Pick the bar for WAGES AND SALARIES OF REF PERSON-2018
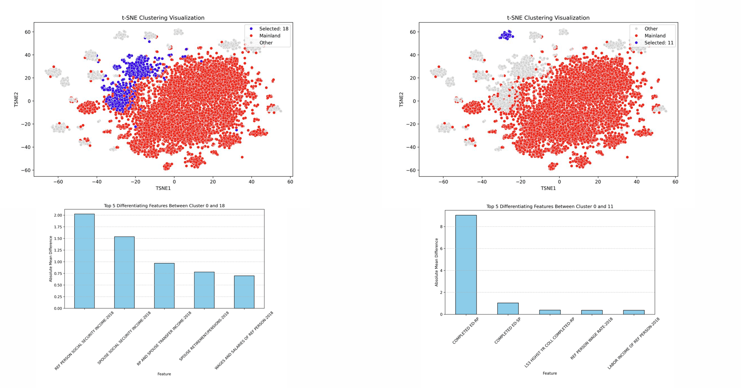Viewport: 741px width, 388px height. click(244, 292)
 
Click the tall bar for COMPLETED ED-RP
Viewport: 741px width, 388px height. click(466, 264)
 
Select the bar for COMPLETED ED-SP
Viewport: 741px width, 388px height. click(508, 309)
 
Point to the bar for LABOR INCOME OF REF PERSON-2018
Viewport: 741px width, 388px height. click(634, 312)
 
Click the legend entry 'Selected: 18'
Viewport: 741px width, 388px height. click(274, 29)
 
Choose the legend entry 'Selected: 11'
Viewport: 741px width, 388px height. click(658, 43)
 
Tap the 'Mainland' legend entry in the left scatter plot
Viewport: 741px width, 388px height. click(270, 36)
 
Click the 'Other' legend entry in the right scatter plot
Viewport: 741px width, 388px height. click(651, 29)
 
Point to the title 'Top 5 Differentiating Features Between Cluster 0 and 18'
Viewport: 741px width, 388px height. click(164, 206)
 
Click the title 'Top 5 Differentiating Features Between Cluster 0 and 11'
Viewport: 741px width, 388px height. click(549, 207)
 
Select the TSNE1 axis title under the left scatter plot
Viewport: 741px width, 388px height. click(163, 188)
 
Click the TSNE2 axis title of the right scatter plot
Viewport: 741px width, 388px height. click(401, 99)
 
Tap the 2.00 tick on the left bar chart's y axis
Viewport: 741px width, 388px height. click(58, 215)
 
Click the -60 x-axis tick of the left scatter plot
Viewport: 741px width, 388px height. click(58, 182)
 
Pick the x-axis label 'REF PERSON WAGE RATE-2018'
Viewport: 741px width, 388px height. click(591, 339)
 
